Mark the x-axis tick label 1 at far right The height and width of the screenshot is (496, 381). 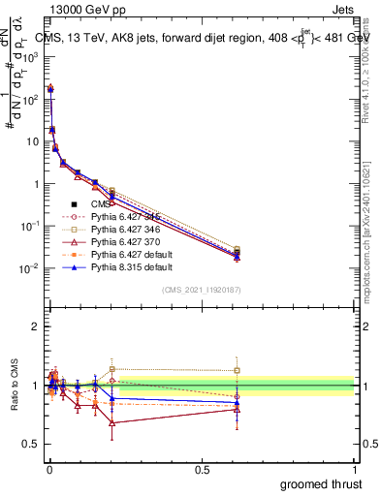tap(355, 470)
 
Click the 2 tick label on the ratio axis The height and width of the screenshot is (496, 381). tap(35, 326)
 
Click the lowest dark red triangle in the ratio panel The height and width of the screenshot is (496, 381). tap(112, 423)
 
